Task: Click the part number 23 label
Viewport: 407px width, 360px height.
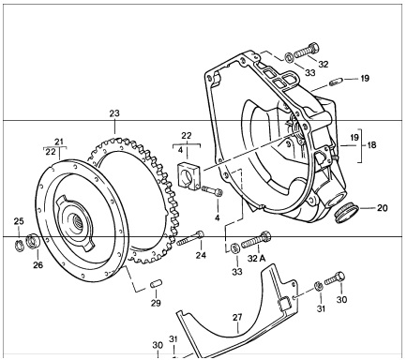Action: pyautogui.click(x=114, y=113)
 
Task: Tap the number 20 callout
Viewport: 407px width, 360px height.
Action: pyautogui.click(x=382, y=208)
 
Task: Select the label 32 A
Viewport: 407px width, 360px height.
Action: pyautogui.click(x=256, y=259)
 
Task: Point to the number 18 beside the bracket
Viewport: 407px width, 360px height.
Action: pyautogui.click(x=371, y=145)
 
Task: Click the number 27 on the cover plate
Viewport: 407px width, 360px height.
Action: pyautogui.click(x=237, y=318)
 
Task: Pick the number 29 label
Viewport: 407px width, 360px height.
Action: pyautogui.click(x=156, y=303)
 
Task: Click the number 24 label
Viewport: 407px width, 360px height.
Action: pyautogui.click(x=201, y=255)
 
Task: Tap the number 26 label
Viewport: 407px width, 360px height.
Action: pyautogui.click(x=38, y=265)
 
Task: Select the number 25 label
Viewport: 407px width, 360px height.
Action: pyautogui.click(x=19, y=221)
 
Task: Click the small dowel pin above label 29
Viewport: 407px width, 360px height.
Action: pyautogui.click(x=156, y=284)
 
